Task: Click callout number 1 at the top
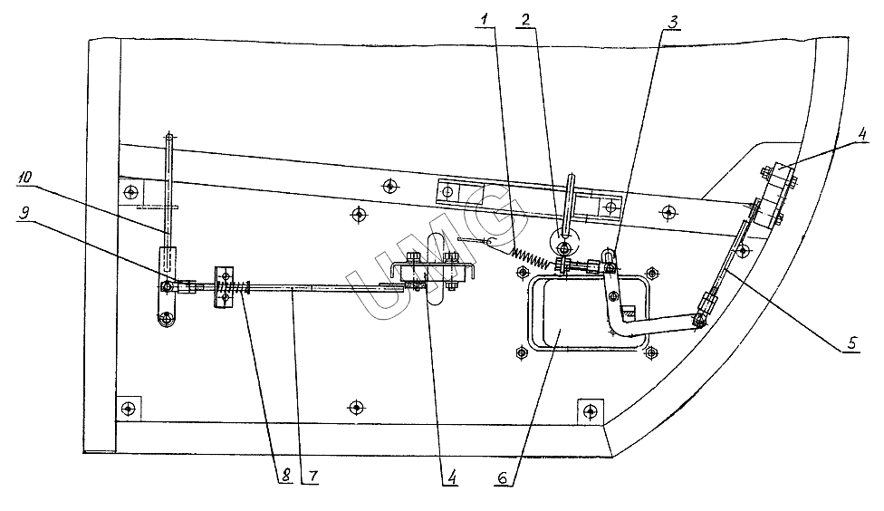click(486, 20)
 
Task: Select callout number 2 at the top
click(525, 20)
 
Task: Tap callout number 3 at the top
click(673, 22)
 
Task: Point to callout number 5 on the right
click(852, 342)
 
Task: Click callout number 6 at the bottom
click(503, 477)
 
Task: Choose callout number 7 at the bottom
click(312, 477)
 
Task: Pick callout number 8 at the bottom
click(286, 476)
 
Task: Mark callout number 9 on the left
click(24, 213)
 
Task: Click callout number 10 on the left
click(24, 177)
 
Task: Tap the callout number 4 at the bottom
click(451, 477)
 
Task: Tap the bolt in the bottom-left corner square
click(130, 407)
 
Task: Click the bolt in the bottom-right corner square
click(590, 410)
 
